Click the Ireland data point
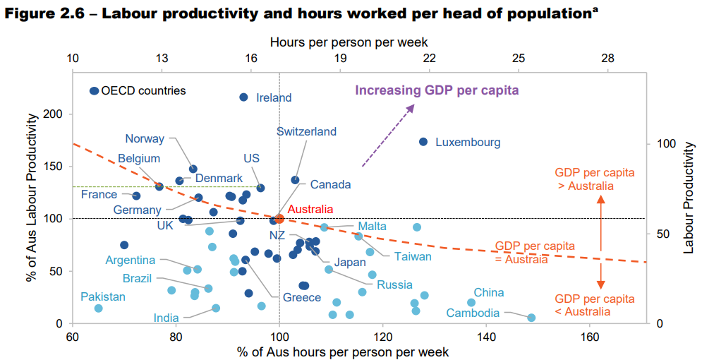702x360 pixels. tap(244, 97)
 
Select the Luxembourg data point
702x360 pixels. tap(423, 142)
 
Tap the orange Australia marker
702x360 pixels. tap(279, 219)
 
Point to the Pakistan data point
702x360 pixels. tap(98, 308)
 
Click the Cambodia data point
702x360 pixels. tap(531, 318)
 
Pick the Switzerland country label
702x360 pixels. tap(306, 132)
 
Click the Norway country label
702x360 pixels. tap(145, 139)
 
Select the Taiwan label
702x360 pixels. tap(413, 256)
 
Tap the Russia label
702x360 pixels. tap(394, 285)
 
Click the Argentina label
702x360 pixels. tap(131, 260)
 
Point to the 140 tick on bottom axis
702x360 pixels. tap(486, 337)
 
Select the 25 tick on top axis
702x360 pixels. tap(519, 59)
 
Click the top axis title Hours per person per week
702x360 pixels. tap(349, 43)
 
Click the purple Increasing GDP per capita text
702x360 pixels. tap(437, 90)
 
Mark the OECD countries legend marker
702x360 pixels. tap(94, 91)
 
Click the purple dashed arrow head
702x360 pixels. tap(412, 107)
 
